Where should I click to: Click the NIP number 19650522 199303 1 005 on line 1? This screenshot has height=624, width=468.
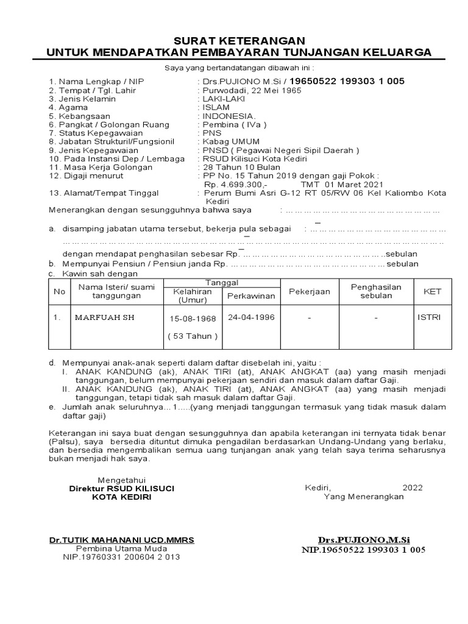[x=346, y=81]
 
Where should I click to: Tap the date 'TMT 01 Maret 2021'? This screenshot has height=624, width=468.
[x=342, y=184]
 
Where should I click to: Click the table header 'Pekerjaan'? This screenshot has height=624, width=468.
[x=309, y=291]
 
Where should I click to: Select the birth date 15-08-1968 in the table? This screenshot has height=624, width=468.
[x=193, y=319]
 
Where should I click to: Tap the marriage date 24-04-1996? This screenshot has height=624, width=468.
[x=251, y=317]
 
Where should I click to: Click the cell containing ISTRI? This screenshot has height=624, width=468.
[x=430, y=317]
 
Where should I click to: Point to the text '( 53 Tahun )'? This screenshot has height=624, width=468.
[x=193, y=336]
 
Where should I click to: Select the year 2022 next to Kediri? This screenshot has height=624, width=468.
[x=412, y=487]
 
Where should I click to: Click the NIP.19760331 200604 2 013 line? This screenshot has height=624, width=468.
[x=121, y=557]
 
